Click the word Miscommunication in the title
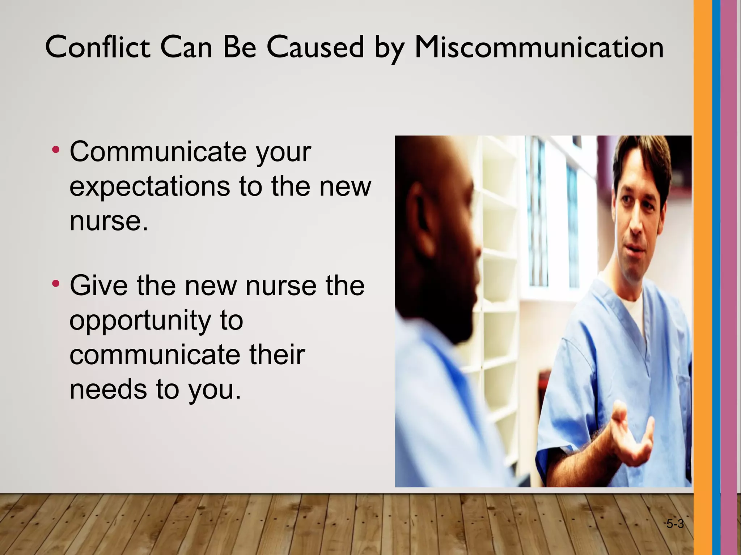coord(539,48)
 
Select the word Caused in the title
coord(315,48)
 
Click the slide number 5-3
coord(675,524)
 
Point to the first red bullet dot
coord(56,149)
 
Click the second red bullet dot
coord(56,283)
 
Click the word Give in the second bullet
coord(98,285)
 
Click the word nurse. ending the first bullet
coord(109,221)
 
